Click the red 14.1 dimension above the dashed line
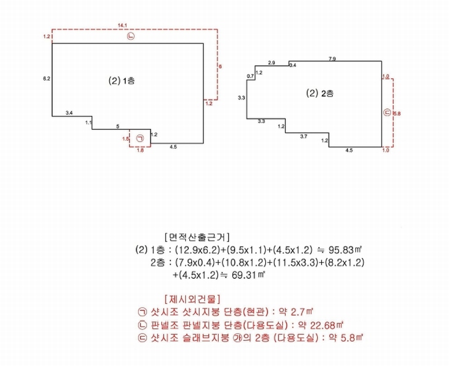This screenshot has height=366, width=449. (122, 26)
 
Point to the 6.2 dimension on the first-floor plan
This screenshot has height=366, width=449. (46, 79)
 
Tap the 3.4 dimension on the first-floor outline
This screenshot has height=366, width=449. (69, 113)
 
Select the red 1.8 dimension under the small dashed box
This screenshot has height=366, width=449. (141, 151)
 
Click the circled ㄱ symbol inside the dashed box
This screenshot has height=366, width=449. (140, 138)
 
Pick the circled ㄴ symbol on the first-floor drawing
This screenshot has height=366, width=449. (131, 37)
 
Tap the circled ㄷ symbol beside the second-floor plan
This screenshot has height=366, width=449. (387, 113)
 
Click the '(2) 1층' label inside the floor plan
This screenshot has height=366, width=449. (122, 81)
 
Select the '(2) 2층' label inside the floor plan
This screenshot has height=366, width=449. (319, 93)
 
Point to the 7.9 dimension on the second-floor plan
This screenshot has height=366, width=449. (332, 59)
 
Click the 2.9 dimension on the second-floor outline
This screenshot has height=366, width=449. (271, 63)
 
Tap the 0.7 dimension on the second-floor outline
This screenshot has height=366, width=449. (250, 76)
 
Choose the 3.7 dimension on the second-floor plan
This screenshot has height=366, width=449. (304, 137)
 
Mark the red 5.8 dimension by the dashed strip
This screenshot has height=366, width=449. (397, 113)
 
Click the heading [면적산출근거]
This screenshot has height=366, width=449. (197, 237)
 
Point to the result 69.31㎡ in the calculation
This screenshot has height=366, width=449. (248, 275)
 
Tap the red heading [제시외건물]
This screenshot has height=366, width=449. (192, 300)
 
